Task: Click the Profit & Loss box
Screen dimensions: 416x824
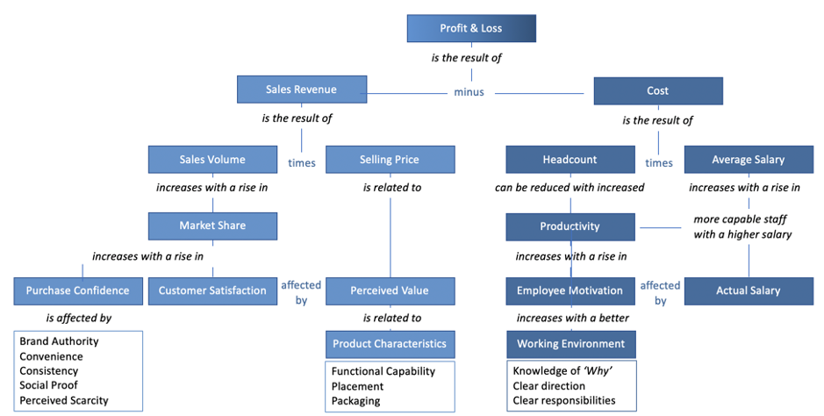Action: coord(471,29)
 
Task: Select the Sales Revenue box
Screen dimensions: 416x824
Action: coord(301,90)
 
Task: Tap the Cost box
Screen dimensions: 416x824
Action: coord(657,90)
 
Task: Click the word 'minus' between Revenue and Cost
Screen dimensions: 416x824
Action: coord(468,91)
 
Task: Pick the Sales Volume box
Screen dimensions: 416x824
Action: coord(212,160)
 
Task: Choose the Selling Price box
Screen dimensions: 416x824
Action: coord(390,160)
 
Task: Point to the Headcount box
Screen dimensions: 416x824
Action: coord(570,160)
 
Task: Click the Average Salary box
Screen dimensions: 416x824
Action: coord(749,160)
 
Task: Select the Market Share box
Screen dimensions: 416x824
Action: coord(212,226)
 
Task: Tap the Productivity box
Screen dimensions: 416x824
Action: coord(570,226)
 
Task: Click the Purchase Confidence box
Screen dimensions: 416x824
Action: coord(77,290)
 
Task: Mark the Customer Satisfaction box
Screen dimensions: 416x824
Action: coord(212,290)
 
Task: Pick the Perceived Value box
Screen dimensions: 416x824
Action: coord(390,290)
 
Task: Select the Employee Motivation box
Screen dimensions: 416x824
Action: coord(570,290)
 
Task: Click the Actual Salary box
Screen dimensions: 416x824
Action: coord(749,290)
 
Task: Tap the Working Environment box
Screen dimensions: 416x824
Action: coord(570,343)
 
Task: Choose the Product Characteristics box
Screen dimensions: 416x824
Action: coord(390,343)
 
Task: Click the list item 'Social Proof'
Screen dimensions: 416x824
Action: coord(48,385)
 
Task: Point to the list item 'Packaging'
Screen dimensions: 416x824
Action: coord(355,400)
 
